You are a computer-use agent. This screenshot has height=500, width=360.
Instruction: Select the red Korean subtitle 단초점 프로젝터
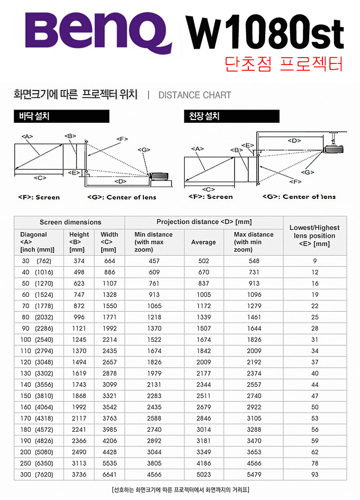[284, 63]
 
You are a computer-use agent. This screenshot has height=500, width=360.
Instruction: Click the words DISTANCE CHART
[195, 95]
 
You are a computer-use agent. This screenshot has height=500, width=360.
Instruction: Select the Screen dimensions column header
[70, 222]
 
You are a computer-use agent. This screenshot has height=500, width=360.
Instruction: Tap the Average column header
[203, 242]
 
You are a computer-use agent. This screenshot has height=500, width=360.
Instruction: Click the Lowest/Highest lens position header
[314, 235]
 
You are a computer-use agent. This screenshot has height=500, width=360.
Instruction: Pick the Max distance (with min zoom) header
[254, 242]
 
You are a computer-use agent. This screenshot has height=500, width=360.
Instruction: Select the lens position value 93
[315, 475]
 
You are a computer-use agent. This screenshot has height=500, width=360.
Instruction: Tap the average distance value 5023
[203, 475]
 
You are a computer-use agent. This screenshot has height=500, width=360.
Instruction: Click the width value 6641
[110, 475]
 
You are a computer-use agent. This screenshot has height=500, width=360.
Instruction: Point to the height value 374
[79, 261]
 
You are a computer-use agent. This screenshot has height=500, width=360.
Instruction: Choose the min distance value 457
[154, 261]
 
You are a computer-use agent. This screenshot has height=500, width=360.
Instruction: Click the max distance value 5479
[254, 475]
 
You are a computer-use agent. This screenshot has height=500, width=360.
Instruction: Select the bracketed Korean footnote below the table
[180, 489]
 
